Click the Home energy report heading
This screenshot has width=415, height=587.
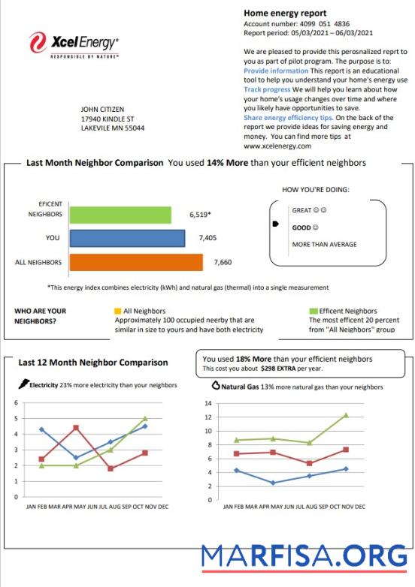[x=285, y=13]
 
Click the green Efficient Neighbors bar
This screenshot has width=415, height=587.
[x=120, y=215]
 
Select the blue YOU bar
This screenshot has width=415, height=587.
[x=127, y=238]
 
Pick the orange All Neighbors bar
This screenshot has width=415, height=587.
[x=136, y=262]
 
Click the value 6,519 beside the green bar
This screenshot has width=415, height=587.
[x=199, y=215]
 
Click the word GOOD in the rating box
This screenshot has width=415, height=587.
[x=301, y=227]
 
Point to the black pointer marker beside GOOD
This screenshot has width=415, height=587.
[x=275, y=224]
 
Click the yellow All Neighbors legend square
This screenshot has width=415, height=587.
[x=117, y=311]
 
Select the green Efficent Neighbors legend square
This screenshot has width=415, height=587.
[x=313, y=311]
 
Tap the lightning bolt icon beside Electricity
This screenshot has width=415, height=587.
[x=23, y=385]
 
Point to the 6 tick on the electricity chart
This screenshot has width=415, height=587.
[x=16, y=402]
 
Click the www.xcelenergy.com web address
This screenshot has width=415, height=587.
[x=277, y=146]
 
